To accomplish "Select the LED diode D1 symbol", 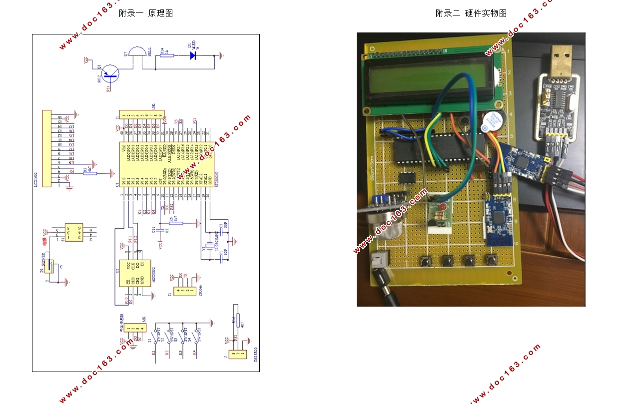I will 193,55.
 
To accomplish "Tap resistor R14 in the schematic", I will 167,55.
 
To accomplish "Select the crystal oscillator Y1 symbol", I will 203,248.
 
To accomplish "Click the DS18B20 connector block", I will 238,354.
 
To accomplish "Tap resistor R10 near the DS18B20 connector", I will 238,320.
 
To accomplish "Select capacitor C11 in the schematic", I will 159,230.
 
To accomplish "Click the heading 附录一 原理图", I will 146,13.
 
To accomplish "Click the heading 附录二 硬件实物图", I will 471,13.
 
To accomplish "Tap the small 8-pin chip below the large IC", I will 408,177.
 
